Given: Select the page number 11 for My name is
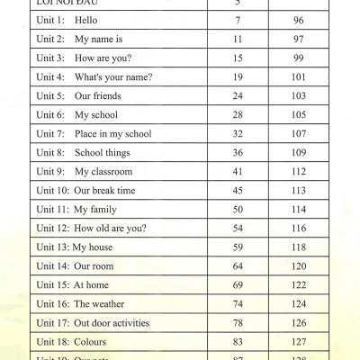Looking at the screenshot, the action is tap(238, 40).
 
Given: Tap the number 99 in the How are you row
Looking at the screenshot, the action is tap(299, 58).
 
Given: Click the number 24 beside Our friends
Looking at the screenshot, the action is tap(238, 96).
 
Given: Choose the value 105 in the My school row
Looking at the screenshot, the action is tap(299, 115).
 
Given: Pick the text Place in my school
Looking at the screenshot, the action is tap(112, 134).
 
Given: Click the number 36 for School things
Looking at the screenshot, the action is tap(238, 153).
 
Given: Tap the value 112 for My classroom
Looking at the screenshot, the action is tap(299, 172).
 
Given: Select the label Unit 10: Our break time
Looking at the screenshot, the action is tap(85, 191).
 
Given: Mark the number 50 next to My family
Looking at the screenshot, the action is tap(238, 210).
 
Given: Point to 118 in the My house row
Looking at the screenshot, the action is tap(299, 247).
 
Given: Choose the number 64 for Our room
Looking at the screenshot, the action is tap(238, 266).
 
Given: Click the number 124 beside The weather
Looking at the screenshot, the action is tap(299, 304).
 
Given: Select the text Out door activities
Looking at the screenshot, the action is tap(112, 323).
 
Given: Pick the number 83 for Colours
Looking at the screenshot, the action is tap(238, 342).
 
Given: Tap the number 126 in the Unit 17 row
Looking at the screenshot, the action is tap(299, 323).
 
